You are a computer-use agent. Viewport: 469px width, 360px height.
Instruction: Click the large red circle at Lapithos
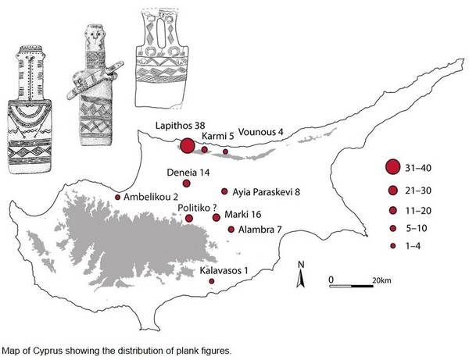pyautogui.click(x=188, y=146)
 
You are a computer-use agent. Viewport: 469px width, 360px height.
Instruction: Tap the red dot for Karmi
pyautogui.click(x=205, y=149)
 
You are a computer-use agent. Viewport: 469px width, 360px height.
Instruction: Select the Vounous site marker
pyautogui.click(x=226, y=151)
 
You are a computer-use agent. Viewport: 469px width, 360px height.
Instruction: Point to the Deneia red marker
pyautogui.click(x=186, y=184)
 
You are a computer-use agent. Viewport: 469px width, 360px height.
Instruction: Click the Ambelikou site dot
pyautogui.click(x=117, y=197)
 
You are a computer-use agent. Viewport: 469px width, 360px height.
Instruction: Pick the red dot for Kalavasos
pyautogui.click(x=212, y=281)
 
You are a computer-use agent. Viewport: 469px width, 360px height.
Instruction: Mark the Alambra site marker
pyautogui.click(x=231, y=230)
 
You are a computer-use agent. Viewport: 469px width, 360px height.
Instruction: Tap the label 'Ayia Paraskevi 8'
pyautogui.click(x=267, y=192)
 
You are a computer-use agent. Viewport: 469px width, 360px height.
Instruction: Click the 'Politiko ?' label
pyautogui.click(x=197, y=208)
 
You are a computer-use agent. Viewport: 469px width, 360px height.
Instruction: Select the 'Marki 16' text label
pyautogui.click(x=243, y=214)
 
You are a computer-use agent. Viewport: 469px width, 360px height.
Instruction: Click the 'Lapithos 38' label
pyautogui.click(x=181, y=126)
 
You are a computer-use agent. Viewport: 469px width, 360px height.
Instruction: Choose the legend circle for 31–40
pyautogui.click(x=392, y=167)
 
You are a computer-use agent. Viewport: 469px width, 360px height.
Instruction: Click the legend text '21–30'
pyautogui.click(x=418, y=191)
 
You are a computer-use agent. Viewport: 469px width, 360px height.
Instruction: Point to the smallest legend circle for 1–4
pyautogui.click(x=393, y=245)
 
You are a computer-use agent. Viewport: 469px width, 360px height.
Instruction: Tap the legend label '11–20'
pyautogui.click(x=418, y=211)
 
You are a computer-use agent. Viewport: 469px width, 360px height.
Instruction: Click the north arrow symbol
pyautogui.click(x=301, y=274)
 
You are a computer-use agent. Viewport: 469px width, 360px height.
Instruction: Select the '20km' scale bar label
pyautogui.click(x=381, y=280)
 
